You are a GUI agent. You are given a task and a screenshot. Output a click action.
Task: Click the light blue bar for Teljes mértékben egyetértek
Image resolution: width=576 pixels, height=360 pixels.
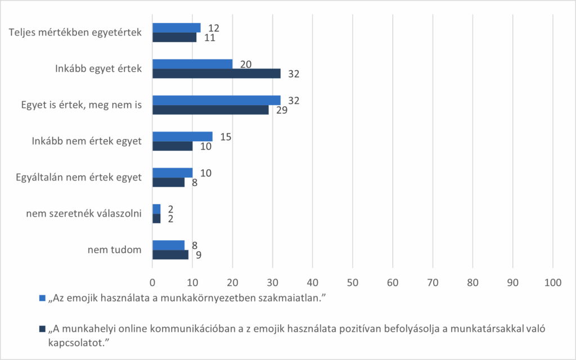click(x=176, y=28)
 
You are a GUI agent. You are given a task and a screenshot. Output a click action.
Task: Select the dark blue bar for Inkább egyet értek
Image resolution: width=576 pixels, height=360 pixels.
click(x=216, y=73)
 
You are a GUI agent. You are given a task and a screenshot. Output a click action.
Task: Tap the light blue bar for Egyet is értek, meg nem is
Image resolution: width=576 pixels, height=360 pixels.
click(x=216, y=100)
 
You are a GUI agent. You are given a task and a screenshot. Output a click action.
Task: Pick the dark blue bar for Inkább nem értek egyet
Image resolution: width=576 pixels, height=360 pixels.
click(x=172, y=146)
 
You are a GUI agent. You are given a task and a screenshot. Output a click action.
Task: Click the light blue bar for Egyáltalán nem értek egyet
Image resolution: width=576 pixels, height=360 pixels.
click(x=172, y=173)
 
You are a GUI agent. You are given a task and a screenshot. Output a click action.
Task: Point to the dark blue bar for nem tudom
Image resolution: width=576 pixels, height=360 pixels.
click(x=170, y=255)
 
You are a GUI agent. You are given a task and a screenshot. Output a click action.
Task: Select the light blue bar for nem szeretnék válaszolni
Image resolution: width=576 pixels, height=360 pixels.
click(x=156, y=209)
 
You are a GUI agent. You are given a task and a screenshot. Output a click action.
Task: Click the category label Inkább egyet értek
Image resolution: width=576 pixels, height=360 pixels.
click(x=98, y=69)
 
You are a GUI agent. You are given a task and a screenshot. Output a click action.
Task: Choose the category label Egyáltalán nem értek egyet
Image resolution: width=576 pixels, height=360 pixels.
click(x=79, y=178)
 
